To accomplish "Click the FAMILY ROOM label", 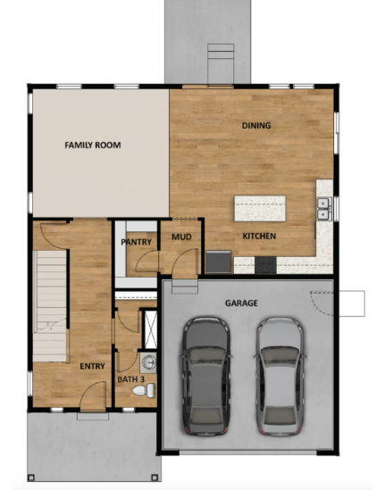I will click(x=92, y=145).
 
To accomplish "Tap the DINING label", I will click(x=256, y=126).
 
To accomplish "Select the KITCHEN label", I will click(x=259, y=236).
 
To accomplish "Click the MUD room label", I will click(x=181, y=237).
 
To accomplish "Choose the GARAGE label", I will click(x=242, y=303).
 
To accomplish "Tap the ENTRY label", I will click(x=92, y=366).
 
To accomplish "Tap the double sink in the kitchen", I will click(x=323, y=208).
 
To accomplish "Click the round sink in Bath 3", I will click(x=148, y=361).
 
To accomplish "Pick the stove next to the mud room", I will click(x=217, y=262).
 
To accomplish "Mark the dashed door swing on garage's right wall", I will click(x=322, y=302).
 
